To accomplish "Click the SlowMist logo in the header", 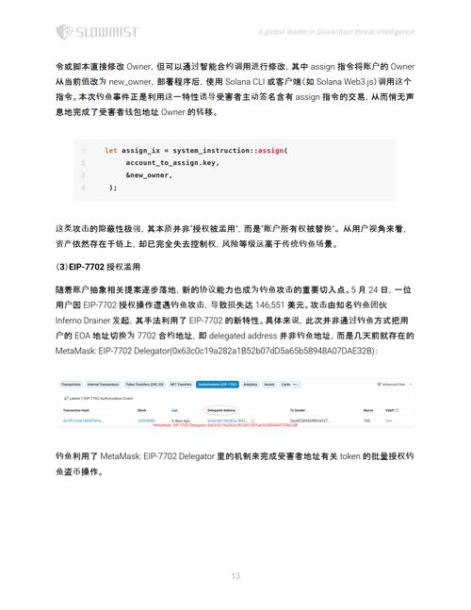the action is coord(95,33).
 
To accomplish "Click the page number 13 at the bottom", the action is coord(235,575).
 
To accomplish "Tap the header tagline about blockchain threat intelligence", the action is coord(335,31).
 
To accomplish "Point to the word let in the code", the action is coord(110,151).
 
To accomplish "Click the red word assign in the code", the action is coord(271,151).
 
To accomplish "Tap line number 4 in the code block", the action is coord(83,188).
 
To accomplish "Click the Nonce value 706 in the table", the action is coord(368,420).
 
